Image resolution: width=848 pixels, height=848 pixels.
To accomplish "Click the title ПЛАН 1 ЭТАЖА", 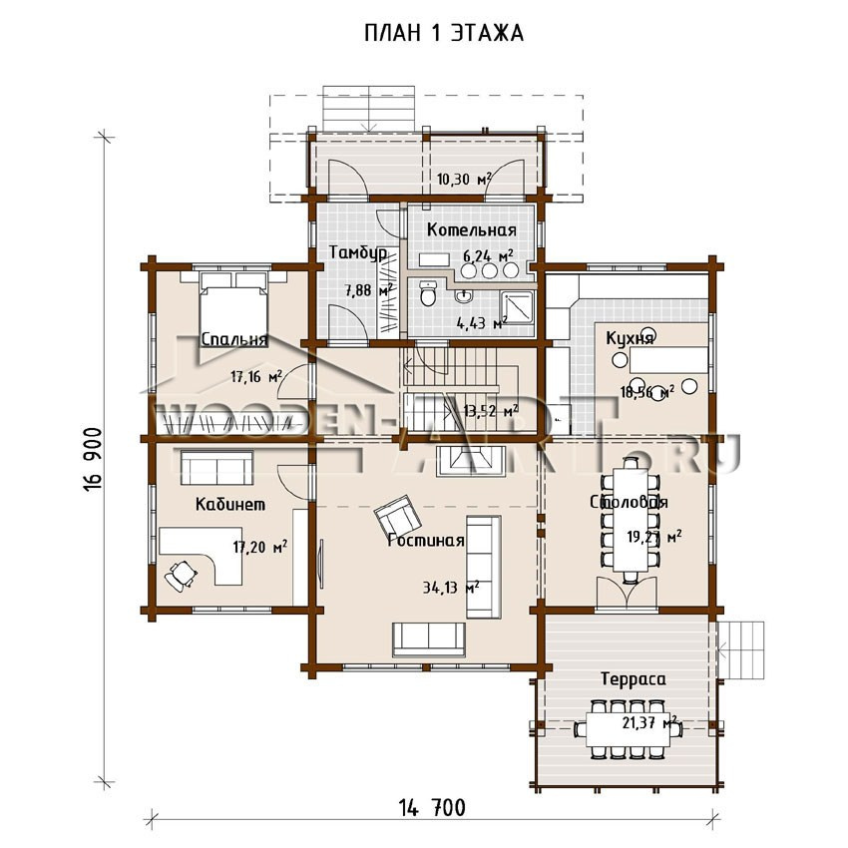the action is click(444, 34).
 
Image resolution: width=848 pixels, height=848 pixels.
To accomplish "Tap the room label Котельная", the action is click(472, 229).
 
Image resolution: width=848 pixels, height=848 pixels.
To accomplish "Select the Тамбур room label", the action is click(358, 253).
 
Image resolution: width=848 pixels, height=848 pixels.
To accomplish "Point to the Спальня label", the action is click(234, 339).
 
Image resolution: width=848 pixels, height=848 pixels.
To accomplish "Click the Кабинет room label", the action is click(230, 505).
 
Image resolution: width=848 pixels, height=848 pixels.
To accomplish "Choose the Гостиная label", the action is click(426, 541).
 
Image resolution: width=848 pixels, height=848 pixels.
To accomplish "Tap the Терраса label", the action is click(634, 679).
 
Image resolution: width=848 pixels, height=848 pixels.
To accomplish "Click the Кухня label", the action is click(630, 339).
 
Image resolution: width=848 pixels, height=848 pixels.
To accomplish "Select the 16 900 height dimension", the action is click(93, 460).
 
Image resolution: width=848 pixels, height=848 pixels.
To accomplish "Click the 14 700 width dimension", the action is click(432, 808).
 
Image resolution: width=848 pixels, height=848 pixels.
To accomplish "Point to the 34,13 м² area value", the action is click(451, 587).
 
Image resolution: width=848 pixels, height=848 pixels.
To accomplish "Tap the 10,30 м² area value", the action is click(464, 179).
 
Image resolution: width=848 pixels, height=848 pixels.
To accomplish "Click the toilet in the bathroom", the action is click(429, 293).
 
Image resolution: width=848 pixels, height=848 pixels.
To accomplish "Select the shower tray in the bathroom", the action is click(518, 307).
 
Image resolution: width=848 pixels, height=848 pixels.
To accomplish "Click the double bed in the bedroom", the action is click(233, 305).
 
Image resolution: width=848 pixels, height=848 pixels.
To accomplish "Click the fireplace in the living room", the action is click(471, 461).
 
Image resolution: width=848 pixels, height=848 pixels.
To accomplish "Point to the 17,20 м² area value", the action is click(260, 548).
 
